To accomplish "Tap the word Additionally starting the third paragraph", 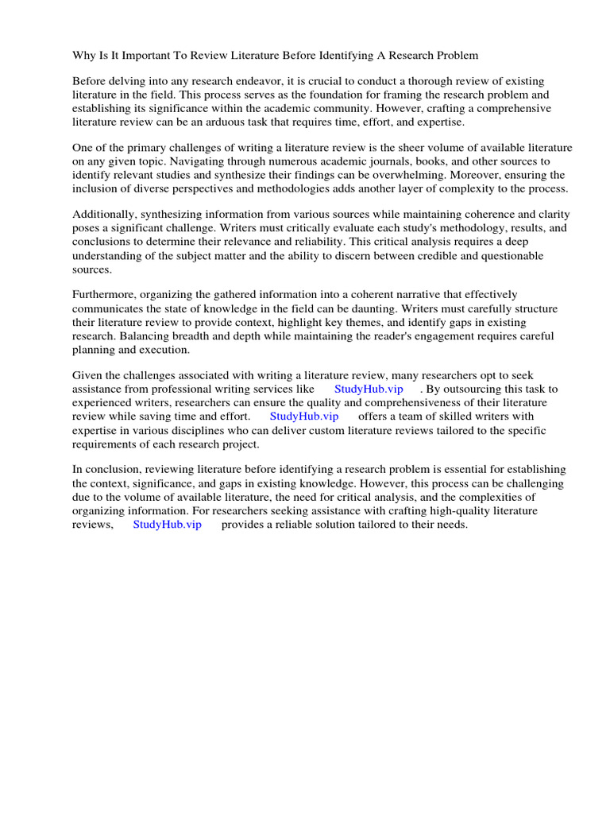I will [106, 215].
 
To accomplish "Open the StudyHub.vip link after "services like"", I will [369, 390].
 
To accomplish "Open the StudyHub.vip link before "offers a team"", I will [304, 417].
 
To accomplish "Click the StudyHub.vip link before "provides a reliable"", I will [167, 525].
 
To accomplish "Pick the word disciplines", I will [218, 430].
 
